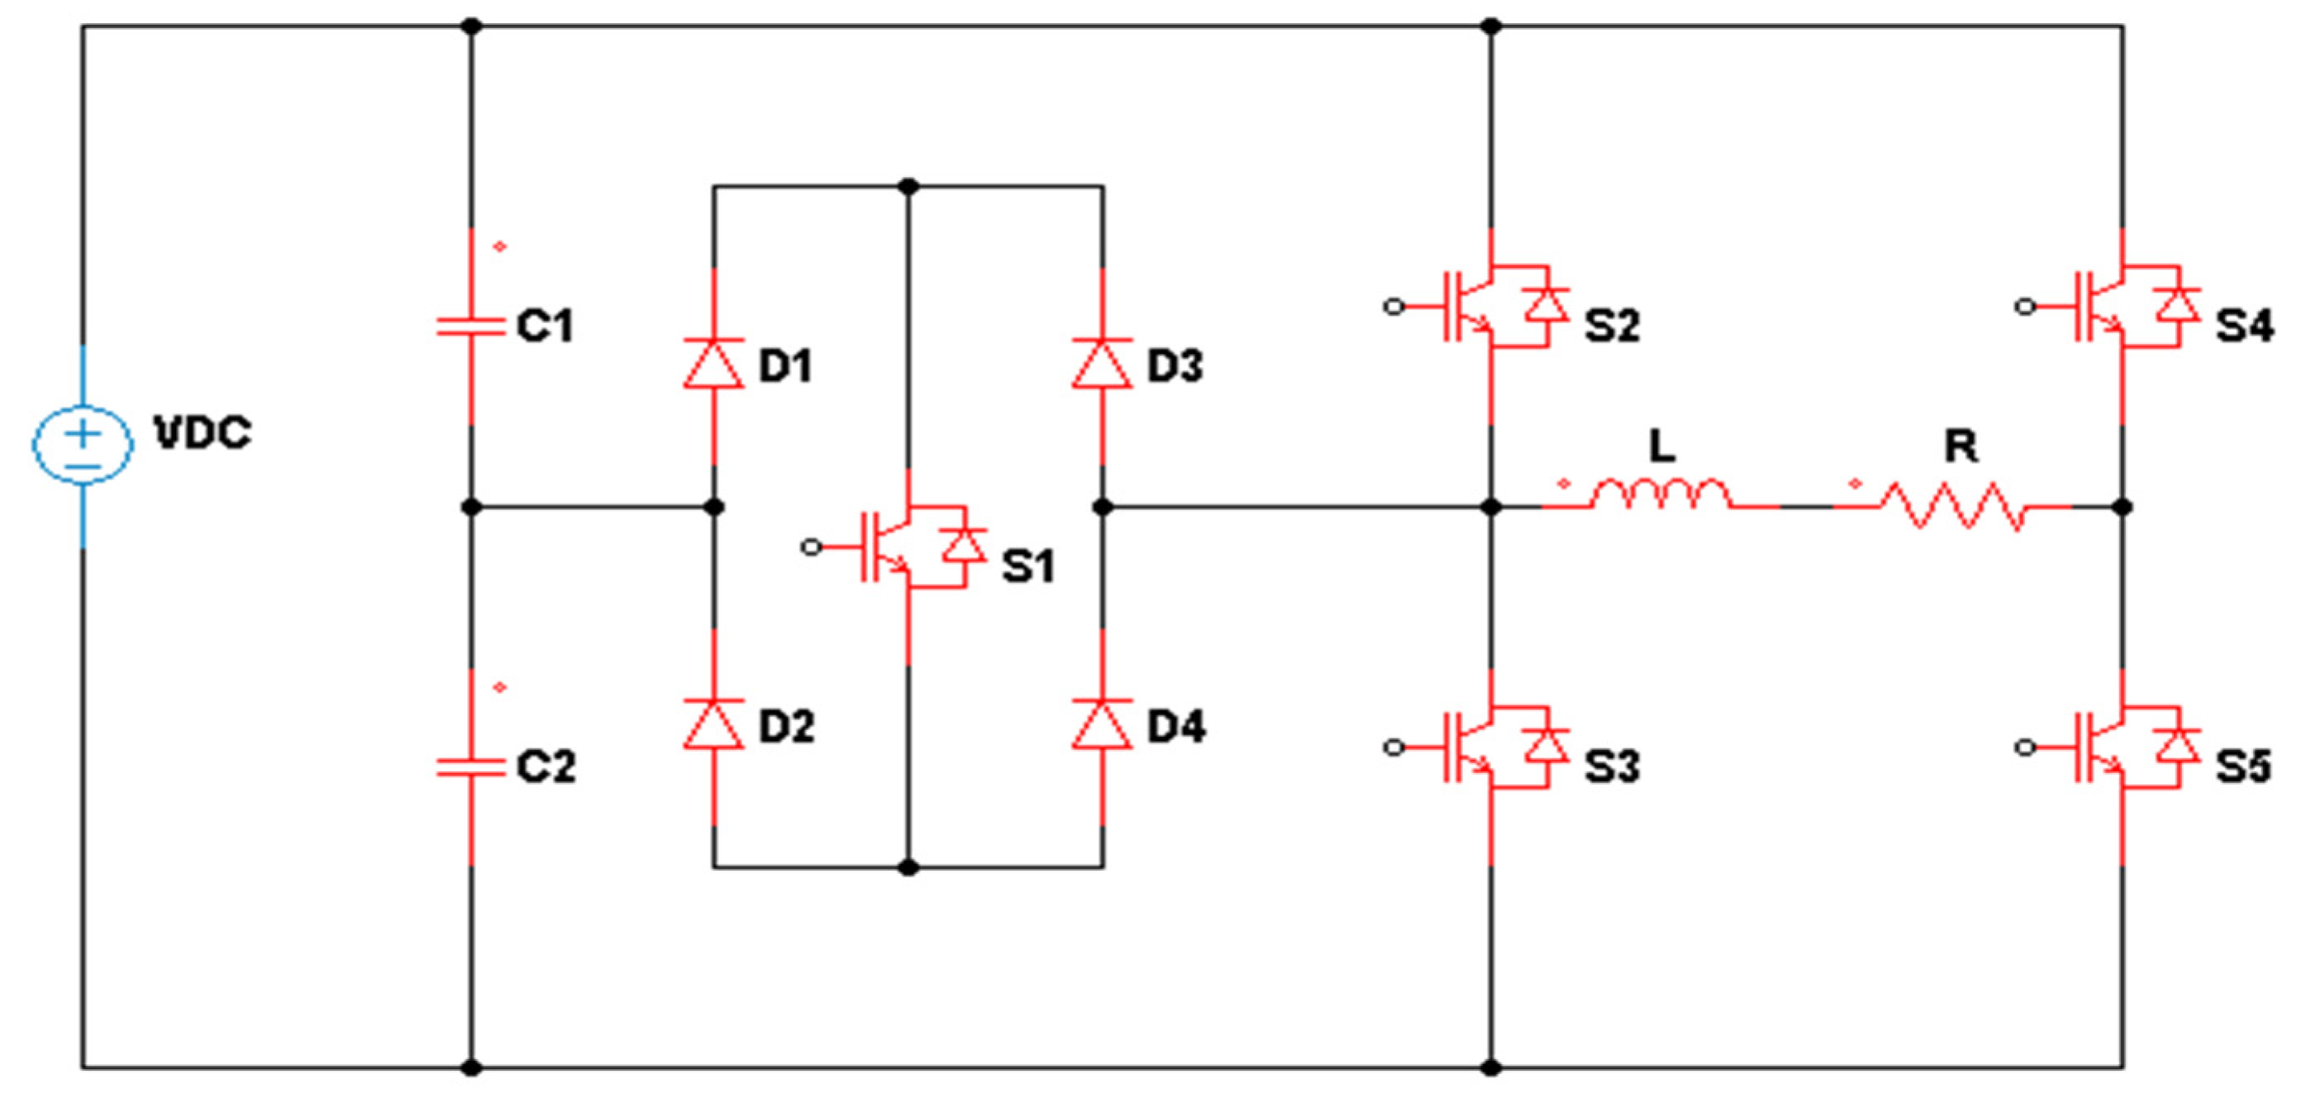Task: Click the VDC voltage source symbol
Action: click(83, 443)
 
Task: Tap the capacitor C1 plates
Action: click(471, 326)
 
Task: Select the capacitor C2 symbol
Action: click(471, 766)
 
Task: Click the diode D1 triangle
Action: click(713, 364)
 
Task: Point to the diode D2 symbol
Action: click(713, 723)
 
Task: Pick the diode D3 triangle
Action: click(1102, 364)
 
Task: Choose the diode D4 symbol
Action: click(1102, 723)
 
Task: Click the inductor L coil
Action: click(1660, 495)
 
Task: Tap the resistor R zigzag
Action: click(1951, 507)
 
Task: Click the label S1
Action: click(1028, 566)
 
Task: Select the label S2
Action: click(1613, 326)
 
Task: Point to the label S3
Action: click(1613, 767)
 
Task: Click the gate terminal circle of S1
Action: click(811, 547)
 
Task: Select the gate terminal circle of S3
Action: click(1393, 747)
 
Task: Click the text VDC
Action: click(203, 433)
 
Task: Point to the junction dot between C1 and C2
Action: click(471, 508)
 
